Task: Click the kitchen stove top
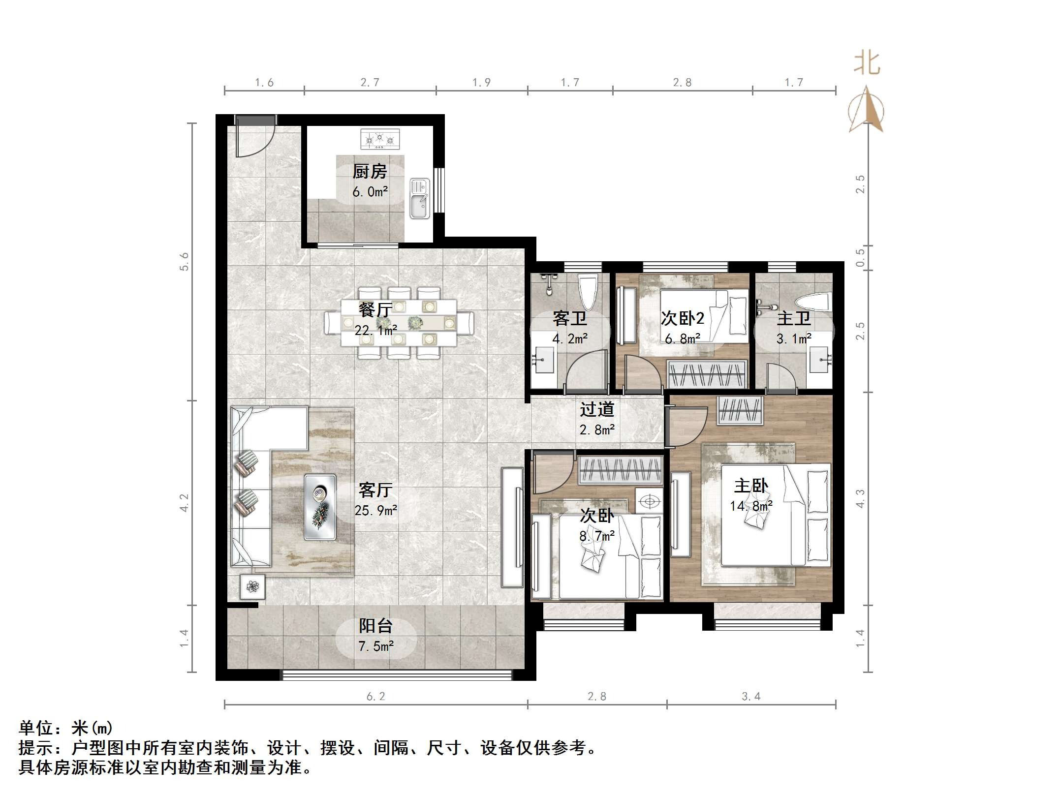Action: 380,139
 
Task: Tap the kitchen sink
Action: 420,198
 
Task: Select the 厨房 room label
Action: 370,172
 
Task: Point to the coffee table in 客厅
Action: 320,506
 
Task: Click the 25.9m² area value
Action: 376,511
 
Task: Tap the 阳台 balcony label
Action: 375,626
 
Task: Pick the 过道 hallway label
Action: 597,409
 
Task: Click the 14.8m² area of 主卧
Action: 751,506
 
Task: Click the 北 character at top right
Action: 867,64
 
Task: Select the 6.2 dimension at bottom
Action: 375,696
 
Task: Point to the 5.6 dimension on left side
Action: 184,261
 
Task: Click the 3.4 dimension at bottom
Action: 751,696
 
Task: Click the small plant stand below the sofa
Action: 253,586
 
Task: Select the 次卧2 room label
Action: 683,319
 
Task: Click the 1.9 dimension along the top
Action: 481,83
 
